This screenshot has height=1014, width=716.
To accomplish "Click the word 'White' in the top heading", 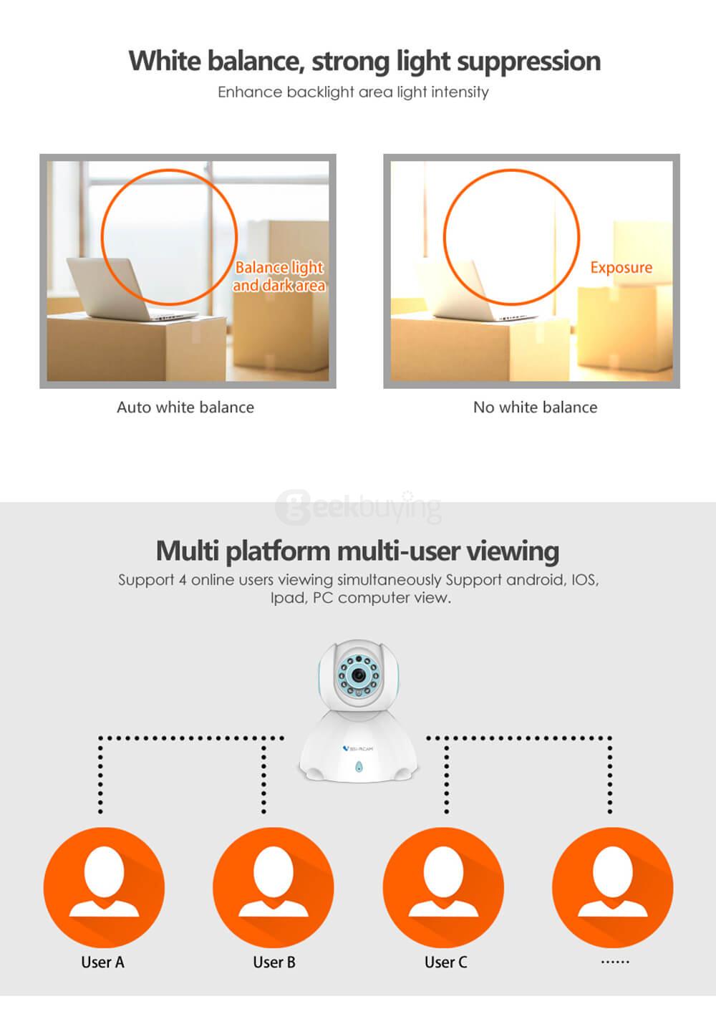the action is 164,61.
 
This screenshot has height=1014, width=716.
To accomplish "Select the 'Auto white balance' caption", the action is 185,407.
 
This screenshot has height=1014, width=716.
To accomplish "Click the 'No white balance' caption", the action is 536,407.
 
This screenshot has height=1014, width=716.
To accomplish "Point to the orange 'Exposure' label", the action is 621,268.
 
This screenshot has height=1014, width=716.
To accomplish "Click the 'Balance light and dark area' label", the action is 279,276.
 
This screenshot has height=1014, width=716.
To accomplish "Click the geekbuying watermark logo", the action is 358,507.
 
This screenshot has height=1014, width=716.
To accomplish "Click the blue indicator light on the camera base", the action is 359,766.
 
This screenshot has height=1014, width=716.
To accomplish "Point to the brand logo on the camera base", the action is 358,749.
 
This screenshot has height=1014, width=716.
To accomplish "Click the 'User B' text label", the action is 274,962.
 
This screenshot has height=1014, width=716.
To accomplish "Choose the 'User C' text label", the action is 446,962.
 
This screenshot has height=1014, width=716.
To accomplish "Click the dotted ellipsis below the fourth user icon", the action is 615,962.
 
